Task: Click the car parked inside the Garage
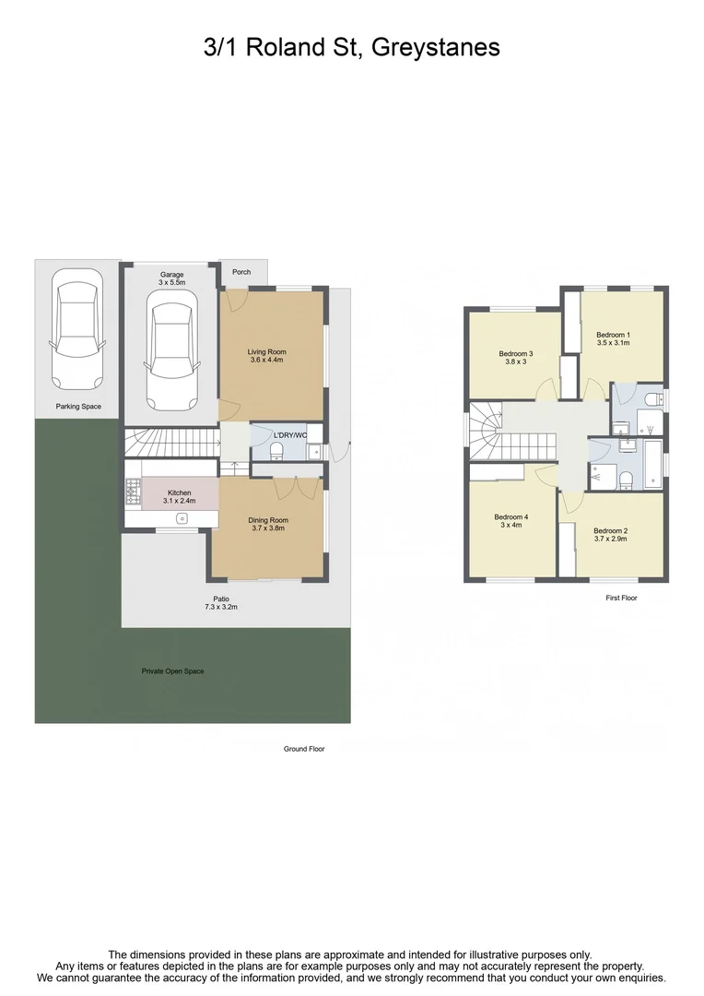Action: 171,355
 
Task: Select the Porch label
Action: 241,272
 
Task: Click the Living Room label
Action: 266,351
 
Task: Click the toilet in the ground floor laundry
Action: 276,451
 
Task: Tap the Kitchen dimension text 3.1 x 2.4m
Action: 181,501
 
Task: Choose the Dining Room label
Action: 268,520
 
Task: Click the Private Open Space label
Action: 172,671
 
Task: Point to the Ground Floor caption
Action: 304,749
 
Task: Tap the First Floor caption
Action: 621,598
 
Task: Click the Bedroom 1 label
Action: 613,334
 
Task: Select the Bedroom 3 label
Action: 516,353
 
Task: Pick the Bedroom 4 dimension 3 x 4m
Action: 511,526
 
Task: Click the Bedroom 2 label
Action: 610,530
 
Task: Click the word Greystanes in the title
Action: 437,46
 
